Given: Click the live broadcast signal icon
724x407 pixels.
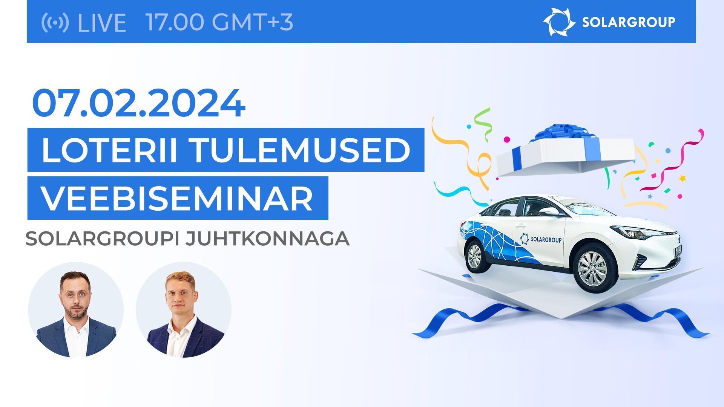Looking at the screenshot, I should click(55, 22).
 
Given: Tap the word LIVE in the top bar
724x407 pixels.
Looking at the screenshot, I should click(101, 22).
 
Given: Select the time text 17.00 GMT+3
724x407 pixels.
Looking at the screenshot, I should click(219, 22).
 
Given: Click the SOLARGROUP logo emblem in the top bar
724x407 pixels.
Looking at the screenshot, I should click(558, 22).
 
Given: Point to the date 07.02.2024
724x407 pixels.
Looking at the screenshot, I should click(139, 103).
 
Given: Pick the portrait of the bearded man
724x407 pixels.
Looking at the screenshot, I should click(76, 310).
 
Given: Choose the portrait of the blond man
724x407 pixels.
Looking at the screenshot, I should click(184, 310).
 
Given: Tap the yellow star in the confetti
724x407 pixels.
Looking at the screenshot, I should click(682, 178).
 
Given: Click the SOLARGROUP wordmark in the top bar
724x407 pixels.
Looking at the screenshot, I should click(629, 22).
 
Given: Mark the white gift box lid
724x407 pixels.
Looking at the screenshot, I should click(566, 156).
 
